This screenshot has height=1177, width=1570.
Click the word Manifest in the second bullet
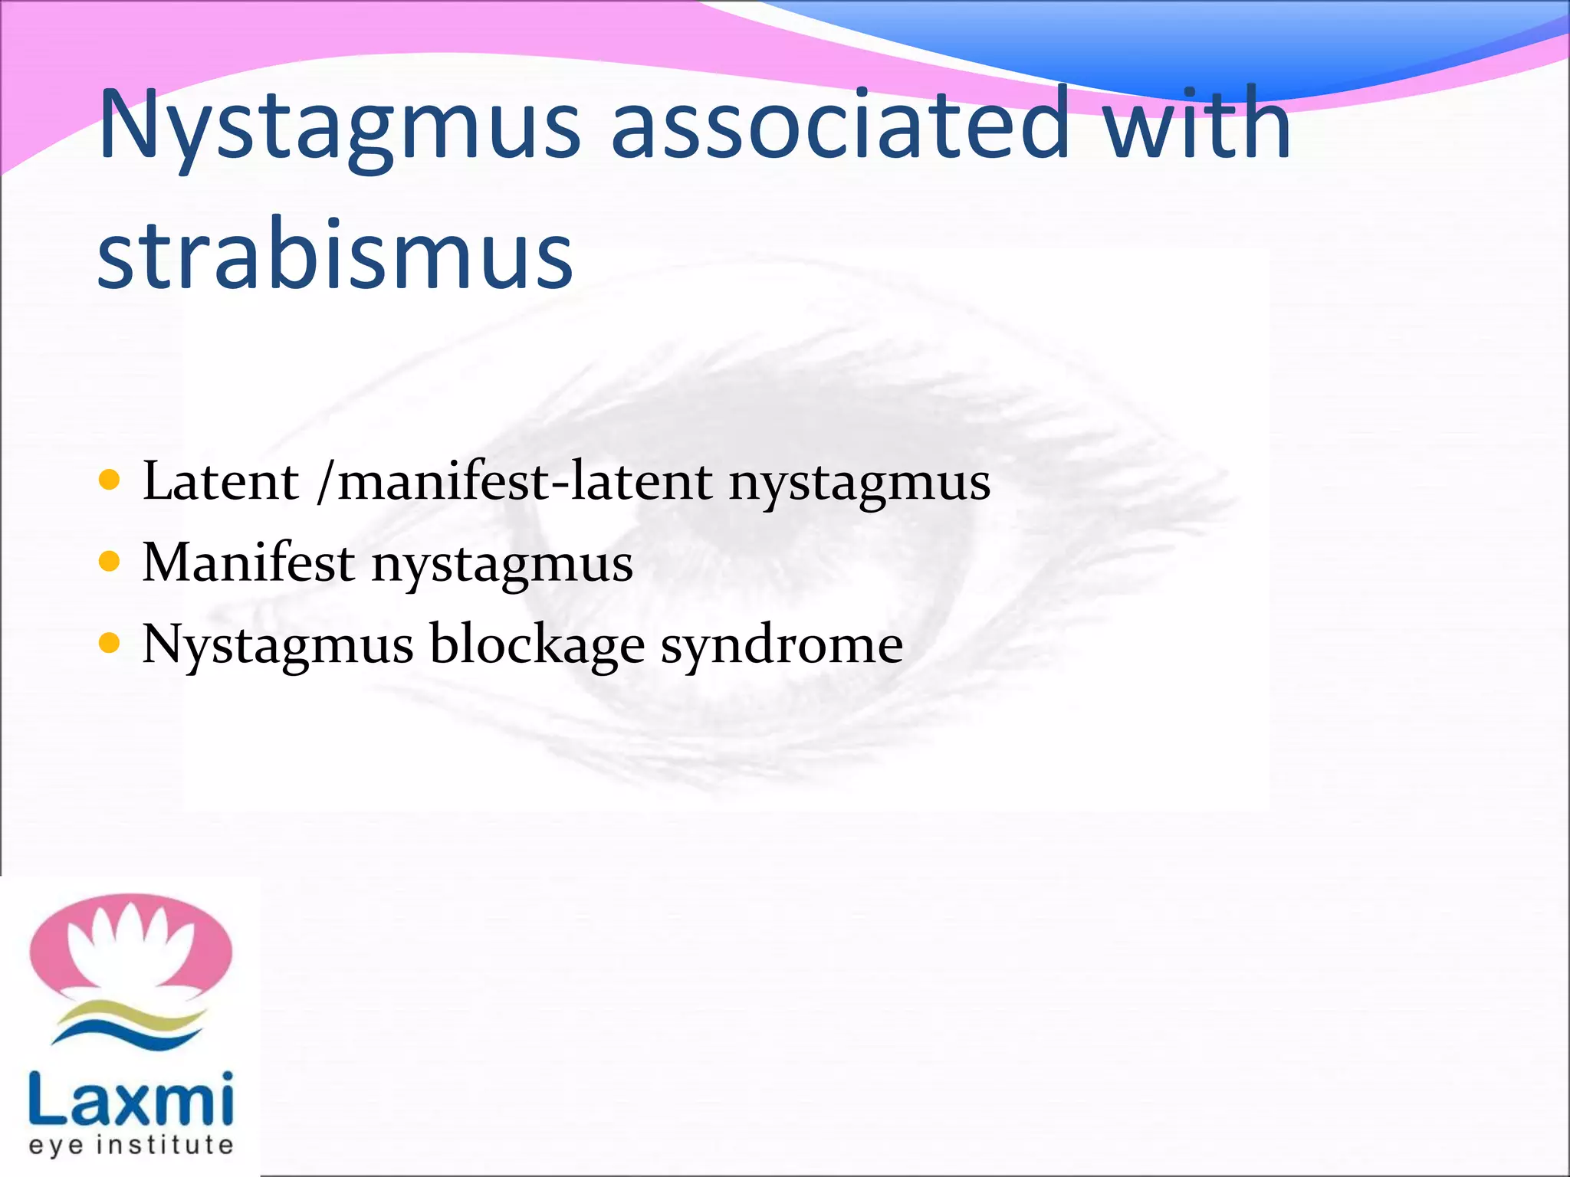click(248, 562)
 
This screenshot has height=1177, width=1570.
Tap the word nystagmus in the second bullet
click(502, 567)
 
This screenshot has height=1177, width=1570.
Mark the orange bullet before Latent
click(110, 480)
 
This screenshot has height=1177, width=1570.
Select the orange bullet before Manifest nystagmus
click(110, 562)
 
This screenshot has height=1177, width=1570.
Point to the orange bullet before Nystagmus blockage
click(110, 644)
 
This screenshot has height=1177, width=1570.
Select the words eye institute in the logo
click(130, 1145)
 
